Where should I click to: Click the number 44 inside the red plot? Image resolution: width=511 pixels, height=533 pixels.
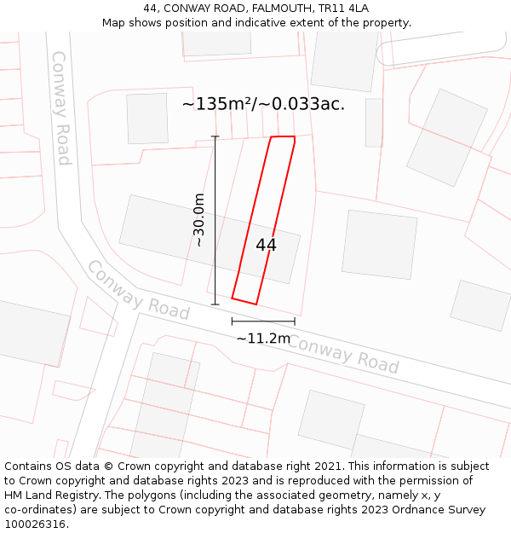(x=266, y=245)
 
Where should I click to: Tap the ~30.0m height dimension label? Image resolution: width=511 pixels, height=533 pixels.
(x=199, y=220)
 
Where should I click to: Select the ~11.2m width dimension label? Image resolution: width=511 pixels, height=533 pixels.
(x=263, y=339)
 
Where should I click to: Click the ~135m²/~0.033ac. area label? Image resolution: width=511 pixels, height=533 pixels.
(x=263, y=104)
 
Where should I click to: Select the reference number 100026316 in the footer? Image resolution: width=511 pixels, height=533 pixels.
(x=35, y=524)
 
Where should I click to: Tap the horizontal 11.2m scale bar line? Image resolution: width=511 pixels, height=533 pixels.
(x=263, y=322)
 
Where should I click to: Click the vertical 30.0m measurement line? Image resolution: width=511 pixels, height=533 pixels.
(x=215, y=220)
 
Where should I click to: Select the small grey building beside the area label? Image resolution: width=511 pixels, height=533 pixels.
(x=147, y=119)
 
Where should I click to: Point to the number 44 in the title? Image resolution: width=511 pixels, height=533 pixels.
(x=152, y=9)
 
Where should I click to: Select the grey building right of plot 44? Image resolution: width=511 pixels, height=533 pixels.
(x=380, y=244)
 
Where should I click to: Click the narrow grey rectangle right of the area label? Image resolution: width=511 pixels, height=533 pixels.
(x=374, y=123)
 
